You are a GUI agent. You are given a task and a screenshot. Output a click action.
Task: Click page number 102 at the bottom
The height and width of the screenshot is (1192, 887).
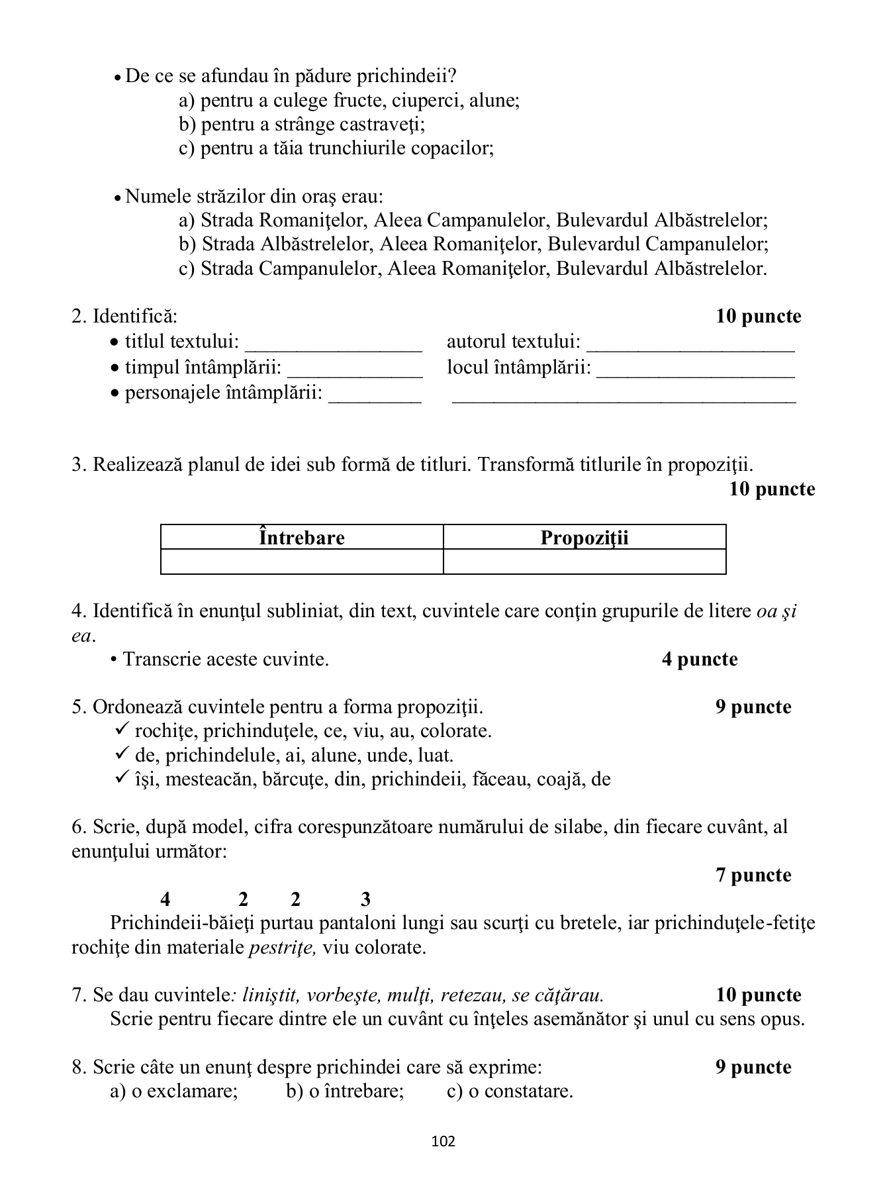443,1141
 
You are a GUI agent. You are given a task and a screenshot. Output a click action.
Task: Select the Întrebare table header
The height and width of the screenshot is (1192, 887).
302,537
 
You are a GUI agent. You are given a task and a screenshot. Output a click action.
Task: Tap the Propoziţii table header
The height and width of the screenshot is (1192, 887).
584,537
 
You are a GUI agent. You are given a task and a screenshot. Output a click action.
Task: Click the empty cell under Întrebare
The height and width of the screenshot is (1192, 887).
302,562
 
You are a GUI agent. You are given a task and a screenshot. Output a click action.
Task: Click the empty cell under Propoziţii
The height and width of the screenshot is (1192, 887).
584,562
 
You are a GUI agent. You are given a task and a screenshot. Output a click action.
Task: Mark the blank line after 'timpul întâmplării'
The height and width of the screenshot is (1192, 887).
355,373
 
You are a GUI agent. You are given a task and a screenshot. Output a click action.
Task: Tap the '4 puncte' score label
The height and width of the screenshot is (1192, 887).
699,659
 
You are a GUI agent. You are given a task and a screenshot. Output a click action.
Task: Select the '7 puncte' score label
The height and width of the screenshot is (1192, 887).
753,875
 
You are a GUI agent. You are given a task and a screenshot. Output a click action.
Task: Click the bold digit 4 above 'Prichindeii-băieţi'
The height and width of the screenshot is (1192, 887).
165,899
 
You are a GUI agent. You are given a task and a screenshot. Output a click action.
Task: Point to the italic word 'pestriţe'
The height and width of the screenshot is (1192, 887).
282,947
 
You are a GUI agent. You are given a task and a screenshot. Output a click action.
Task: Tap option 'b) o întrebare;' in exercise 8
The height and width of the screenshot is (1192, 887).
344,1091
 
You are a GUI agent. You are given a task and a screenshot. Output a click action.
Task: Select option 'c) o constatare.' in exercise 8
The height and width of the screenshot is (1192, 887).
510,1091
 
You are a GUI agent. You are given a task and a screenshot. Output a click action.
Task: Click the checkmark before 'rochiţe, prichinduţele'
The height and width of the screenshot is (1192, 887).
122,730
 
